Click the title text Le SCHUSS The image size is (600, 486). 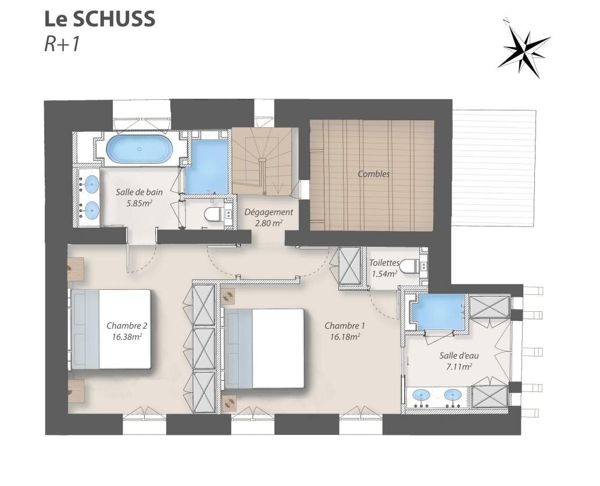coord(99,19)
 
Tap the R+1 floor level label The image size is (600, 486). coord(62,44)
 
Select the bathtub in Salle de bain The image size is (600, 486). coord(139,149)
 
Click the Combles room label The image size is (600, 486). coord(374,174)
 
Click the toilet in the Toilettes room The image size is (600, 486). coord(410,266)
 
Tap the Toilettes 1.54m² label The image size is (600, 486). coord(384,268)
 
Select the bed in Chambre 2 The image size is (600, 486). coord(110,329)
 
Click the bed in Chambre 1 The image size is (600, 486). coord(265,348)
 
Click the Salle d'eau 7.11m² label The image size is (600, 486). coord(455,361)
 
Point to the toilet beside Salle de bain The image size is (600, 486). coord(212,214)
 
